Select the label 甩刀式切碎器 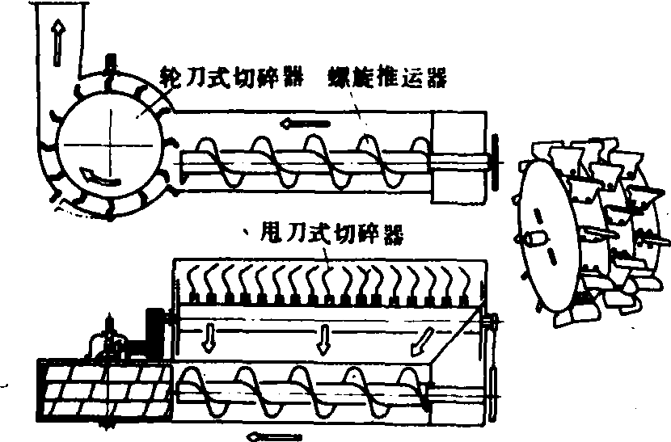pyautogui.click(x=332, y=234)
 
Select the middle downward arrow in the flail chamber pyautogui.click(x=323, y=339)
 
